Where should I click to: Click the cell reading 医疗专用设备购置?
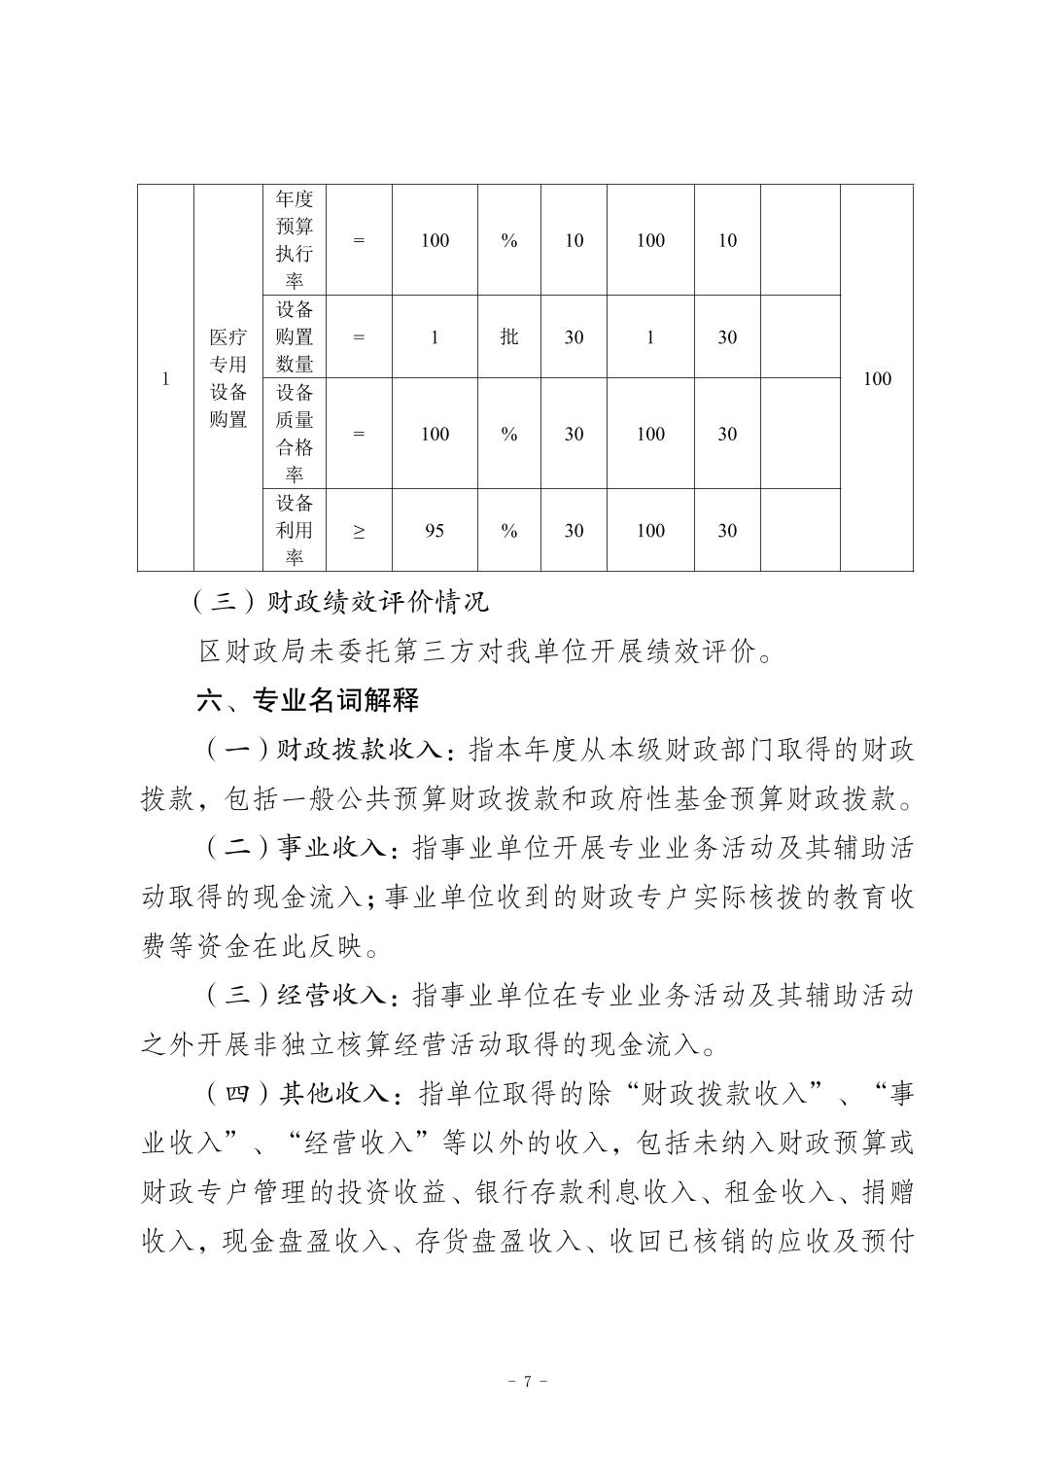tap(228, 378)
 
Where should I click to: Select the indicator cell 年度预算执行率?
tap(294, 240)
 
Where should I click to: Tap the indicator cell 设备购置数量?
tap(294, 336)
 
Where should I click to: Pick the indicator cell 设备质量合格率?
tap(294, 434)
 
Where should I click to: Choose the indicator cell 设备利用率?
tap(294, 530)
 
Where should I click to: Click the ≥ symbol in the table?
tap(359, 531)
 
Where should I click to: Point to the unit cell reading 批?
tap(508, 337)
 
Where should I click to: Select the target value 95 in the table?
tap(435, 531)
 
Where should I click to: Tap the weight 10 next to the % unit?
tap(574, 240)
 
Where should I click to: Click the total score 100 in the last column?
tap(876, 379)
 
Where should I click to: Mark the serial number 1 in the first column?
tap(165, 379)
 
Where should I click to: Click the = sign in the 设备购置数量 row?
tap(359, 337)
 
